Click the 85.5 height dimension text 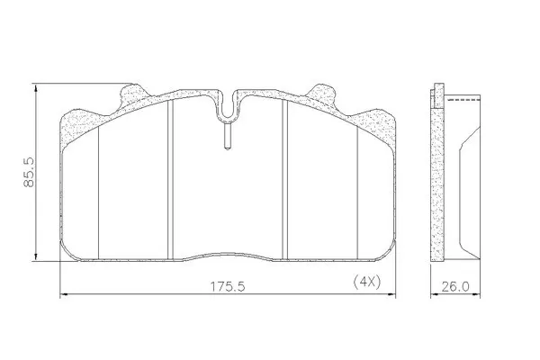[x=29, y=172]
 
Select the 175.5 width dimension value [x=228, y=286]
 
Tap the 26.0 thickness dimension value [x=455, y=286]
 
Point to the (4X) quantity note [x=367, y=283]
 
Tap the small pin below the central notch [x=228, y=137]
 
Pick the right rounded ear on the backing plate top [x=321, y=92]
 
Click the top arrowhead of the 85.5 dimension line [x=36, y=87]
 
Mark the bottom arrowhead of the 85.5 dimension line [x=36, y=256]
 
